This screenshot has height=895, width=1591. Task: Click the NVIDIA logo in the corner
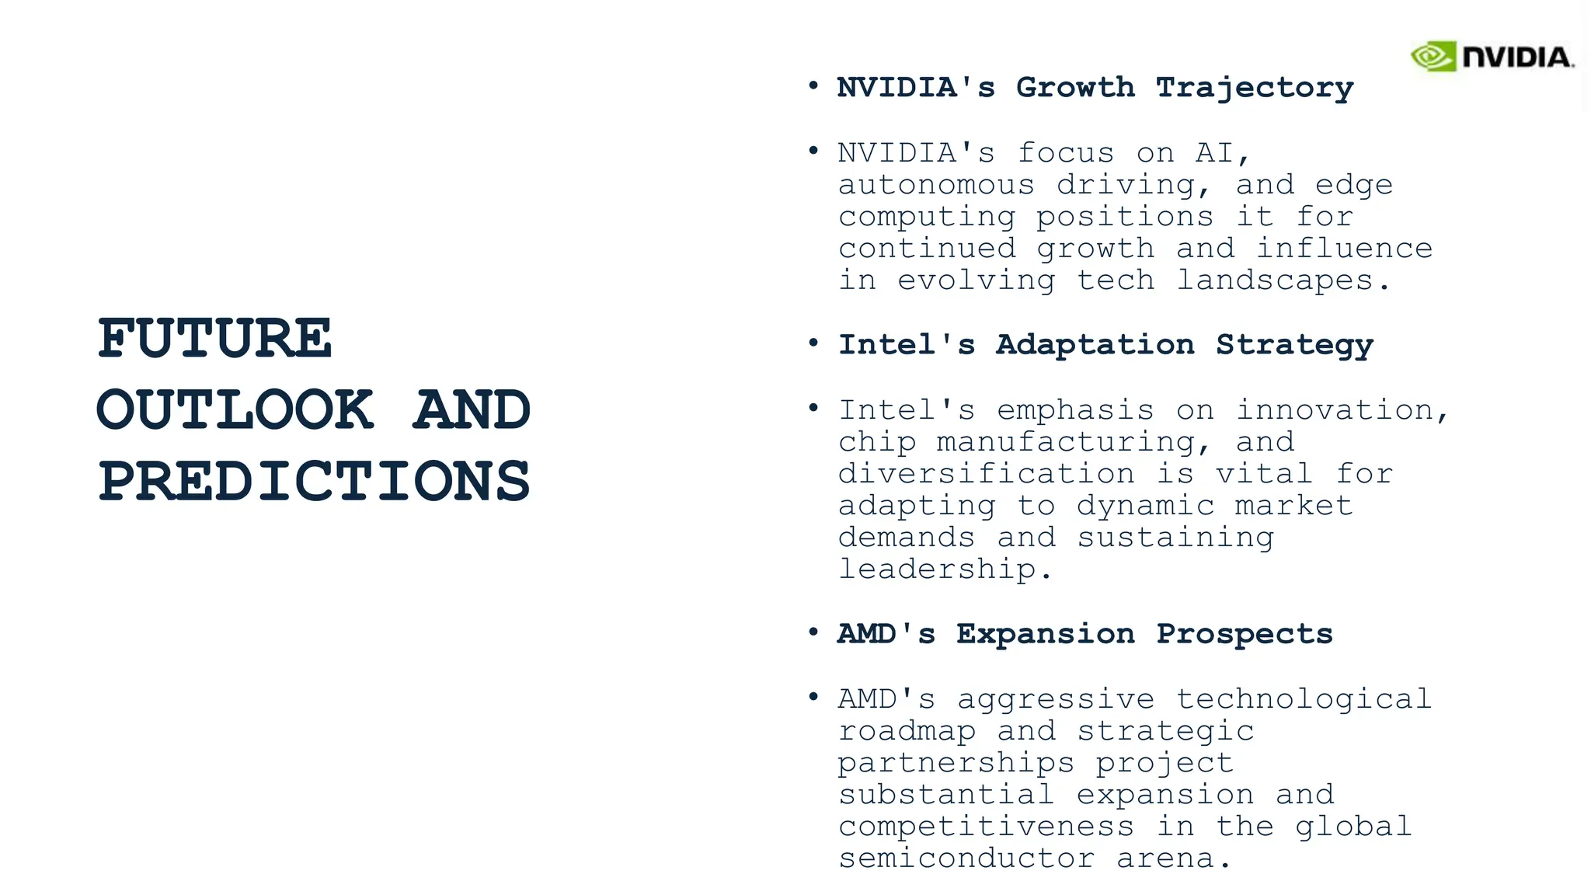pyautogui.click(x=1492, y=57)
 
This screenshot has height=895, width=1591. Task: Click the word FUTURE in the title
pyautogui.click(x=215, y=339)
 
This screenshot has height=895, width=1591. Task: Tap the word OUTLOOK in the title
pyautogui.click(x=235, y=409)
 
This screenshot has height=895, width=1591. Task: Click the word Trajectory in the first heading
pyautogui.click(x=1255, y=88)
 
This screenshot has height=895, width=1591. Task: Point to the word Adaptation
pyautogui.click(x=1095, y=345)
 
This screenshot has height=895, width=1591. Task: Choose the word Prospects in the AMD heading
pyautogui.click(x=1245, y=634)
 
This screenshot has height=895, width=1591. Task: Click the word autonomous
pyautogui.click(x=936, y=185)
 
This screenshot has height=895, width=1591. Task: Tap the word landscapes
pyautogui.click(x=1275, y=280)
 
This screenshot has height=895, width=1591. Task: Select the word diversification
pyautogui.click(x=986, y=474)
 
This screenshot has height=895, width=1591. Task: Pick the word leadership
pyautogui.click(x=937, y=569)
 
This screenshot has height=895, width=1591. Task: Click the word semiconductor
pyautogui.click(x=966, y=858)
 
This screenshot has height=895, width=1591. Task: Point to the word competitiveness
pyautogui.click(x=986, y=827)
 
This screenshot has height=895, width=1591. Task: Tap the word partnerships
pyautogui.click(x=956, y=763)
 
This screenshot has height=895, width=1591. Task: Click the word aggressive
pyautogui.click(x=1056, y=699)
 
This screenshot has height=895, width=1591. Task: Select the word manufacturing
pyautogui.click(x=1066, y=442)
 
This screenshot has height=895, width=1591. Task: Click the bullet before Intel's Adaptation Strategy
pyautogui.click(x=813, y=343)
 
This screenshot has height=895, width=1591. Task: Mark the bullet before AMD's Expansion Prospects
pyautogui.click(x=813, y=632)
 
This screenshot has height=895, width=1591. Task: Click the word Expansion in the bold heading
pyautogui.click(x=1046, y=634)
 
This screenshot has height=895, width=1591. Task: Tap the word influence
pyautogui.click(x=1344, y=249)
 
